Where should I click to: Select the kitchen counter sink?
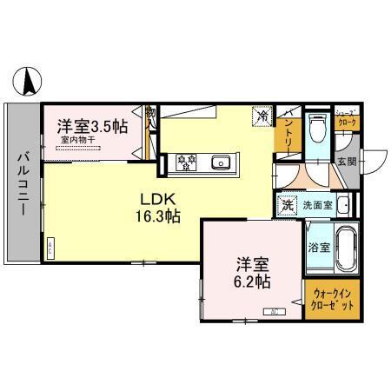click(x=221, y=161)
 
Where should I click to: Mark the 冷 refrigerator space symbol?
click(x=262, y=116)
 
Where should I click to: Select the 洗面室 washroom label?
click(x=316, y=206)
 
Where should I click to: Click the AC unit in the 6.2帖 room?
click(x=274, y=312)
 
